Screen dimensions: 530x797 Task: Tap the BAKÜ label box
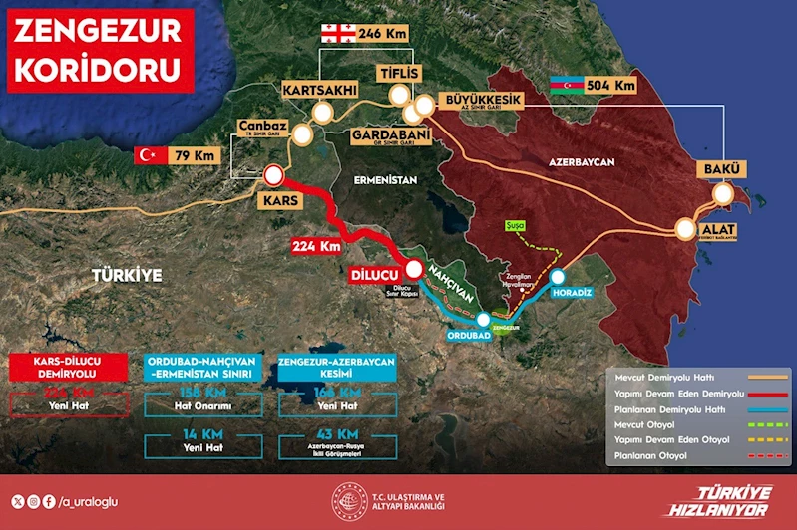[x=720, y=167]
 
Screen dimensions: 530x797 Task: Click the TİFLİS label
[x=401, y=74]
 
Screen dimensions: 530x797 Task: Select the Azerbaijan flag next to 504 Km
[x=568, y=87]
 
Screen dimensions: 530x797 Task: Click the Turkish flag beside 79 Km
[x=150, y=155]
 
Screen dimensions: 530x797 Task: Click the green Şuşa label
[x=515, y=226]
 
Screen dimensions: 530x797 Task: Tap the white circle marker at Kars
[x=274, y=177]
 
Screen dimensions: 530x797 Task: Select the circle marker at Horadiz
[x=557, y=277]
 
